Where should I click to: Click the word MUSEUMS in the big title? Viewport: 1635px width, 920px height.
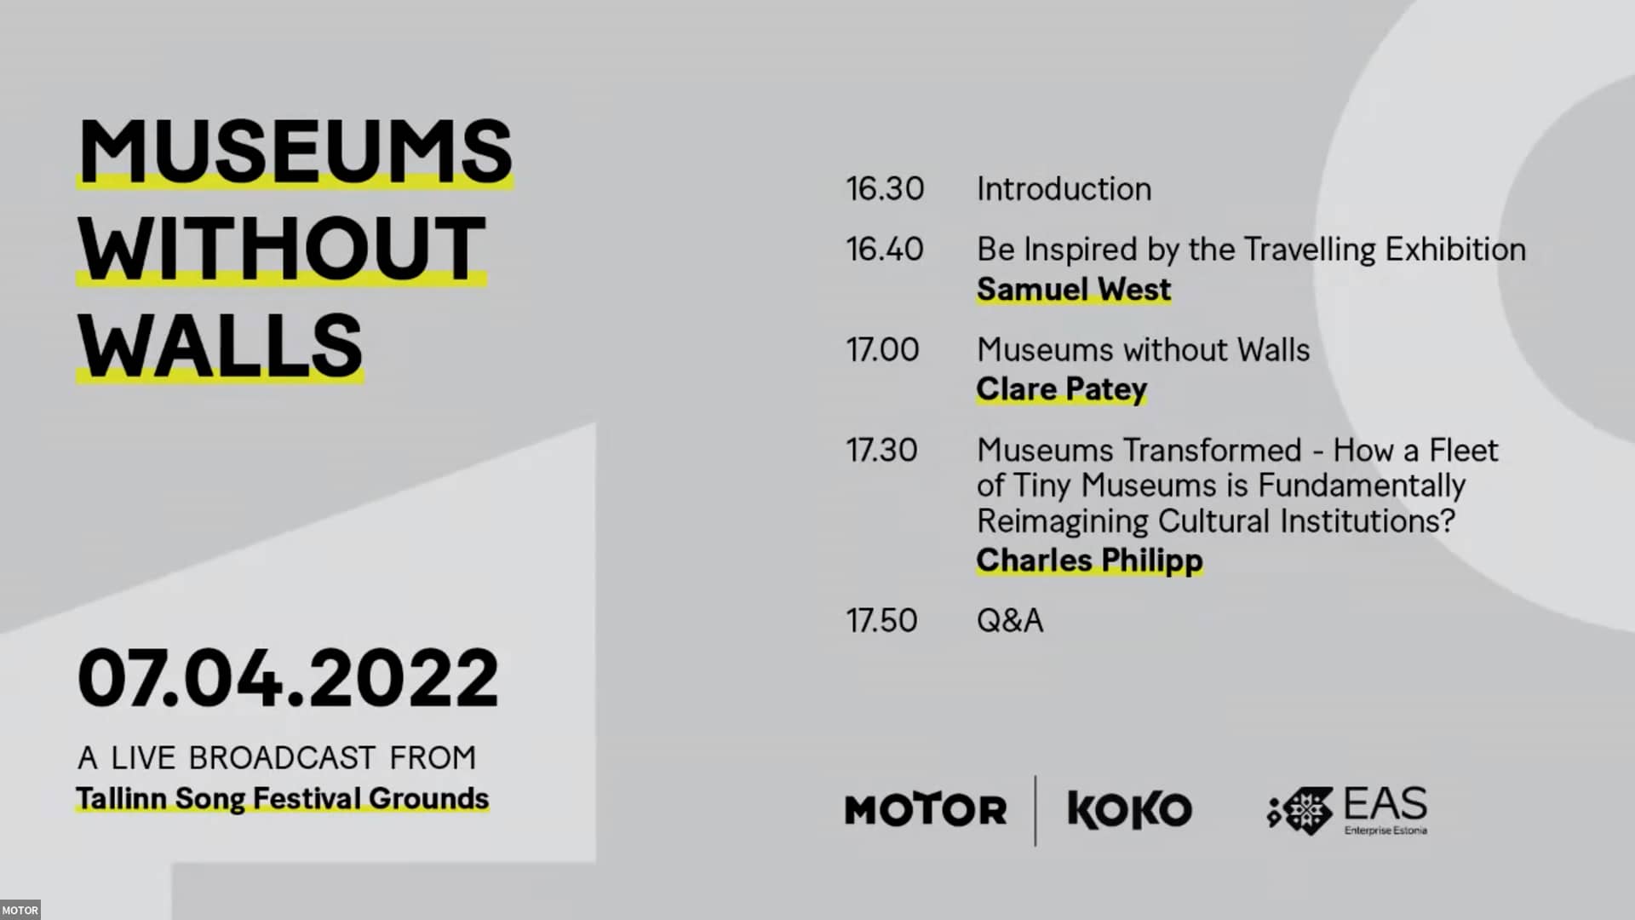coord(295,151)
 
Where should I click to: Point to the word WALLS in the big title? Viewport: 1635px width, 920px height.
coord(220,345)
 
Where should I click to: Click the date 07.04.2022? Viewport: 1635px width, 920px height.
coord(288,678)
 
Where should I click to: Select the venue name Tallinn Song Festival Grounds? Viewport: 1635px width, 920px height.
coord(282,798)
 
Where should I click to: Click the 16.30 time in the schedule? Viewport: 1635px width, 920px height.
coord(884,189)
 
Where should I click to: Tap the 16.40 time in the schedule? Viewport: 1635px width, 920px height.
coord(884,250)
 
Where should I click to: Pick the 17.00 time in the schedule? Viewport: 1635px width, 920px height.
coord(882,350)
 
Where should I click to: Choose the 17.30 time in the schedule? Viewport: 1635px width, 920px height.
coord(881,451)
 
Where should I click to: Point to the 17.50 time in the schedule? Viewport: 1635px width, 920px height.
coord(881,621)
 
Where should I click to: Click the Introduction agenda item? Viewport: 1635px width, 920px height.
coord(1064,189)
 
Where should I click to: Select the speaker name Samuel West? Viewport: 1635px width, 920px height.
coord(1073,290)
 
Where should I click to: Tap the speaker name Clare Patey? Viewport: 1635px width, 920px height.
coord(1061,389)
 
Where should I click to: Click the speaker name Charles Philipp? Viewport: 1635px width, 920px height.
coord(1089,561)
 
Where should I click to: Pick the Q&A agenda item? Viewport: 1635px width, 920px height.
coord(1009,621)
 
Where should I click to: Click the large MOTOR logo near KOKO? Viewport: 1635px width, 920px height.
coord(926,810)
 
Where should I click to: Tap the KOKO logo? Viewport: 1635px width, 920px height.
coord(1129,810)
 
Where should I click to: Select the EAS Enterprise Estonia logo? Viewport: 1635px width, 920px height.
coord(1347,811)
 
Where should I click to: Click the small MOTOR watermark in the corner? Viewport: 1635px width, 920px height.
coord(20,911)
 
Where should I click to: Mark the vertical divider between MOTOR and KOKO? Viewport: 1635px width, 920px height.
coord(1035,810)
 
